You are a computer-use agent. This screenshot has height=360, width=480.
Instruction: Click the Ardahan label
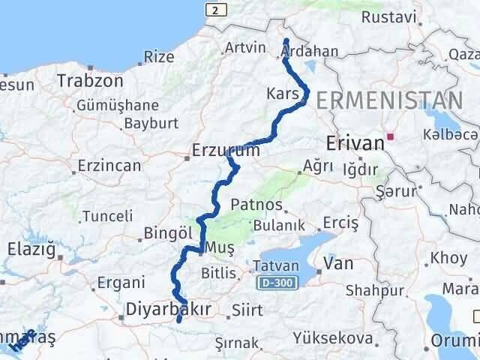click(310, 52)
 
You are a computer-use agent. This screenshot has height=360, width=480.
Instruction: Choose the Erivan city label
click(355, 142)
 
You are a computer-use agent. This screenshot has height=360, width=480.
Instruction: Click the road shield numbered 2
click(216, 10)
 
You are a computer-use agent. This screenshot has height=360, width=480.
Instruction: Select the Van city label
click(338, 263)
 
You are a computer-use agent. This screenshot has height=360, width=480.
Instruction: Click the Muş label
click(220, 247)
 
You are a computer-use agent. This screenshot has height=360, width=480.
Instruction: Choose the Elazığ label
click(31, 249)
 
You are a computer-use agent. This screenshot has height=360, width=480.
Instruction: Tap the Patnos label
click(257, 205)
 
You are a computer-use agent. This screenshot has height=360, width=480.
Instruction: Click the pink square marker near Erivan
click(391, 137)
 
